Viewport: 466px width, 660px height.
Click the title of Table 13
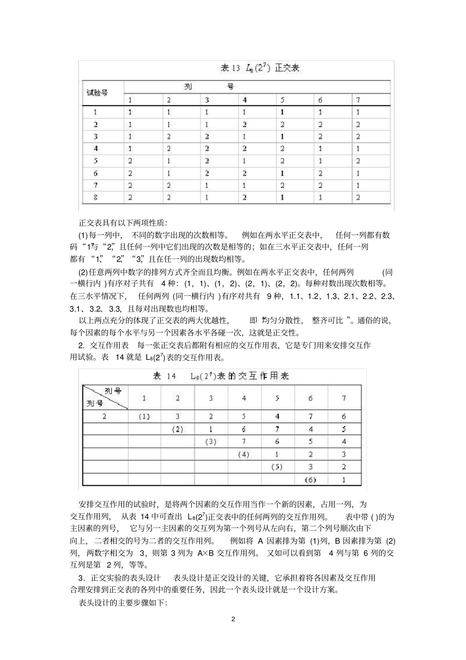click(259, 68)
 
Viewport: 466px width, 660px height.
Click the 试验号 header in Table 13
click(97, 93)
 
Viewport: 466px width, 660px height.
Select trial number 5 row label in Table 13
click(96, 161)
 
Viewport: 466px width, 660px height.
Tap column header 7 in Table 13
click(359, 100)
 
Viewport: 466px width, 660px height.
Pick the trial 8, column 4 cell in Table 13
click(244, 198)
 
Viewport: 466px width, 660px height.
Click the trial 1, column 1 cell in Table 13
click(130, 112)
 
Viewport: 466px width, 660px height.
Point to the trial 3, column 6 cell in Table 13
click(320, 136)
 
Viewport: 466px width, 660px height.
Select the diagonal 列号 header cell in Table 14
click(105, 397)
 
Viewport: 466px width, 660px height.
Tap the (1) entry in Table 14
click(144, 416)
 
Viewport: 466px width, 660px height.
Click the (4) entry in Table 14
click(244, 454)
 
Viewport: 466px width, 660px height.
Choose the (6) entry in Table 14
click(310, 479)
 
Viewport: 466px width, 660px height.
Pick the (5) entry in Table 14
click(277, 467)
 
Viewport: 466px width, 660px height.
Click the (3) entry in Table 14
click(210, 442)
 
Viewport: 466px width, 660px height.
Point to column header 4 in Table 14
click(244, 398)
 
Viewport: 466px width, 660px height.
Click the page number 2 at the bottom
click(233, 619)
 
